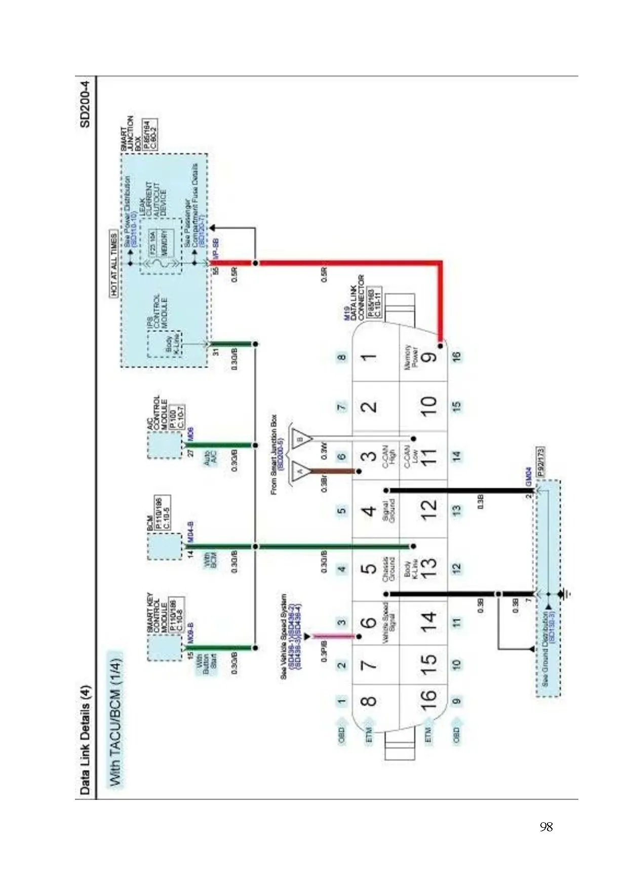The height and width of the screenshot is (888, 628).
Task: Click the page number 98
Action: pos(546,827)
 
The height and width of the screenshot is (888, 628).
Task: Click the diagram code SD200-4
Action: pos(85,104)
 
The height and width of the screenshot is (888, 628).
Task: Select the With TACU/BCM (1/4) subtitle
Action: pos(115,718)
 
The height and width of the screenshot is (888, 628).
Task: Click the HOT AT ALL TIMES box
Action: pos(114,264)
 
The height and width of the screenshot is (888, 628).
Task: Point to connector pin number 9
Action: pos(428,356)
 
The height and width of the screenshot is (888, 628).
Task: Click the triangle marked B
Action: pos(301,438)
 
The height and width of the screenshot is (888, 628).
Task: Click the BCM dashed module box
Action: pos(163,546)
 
